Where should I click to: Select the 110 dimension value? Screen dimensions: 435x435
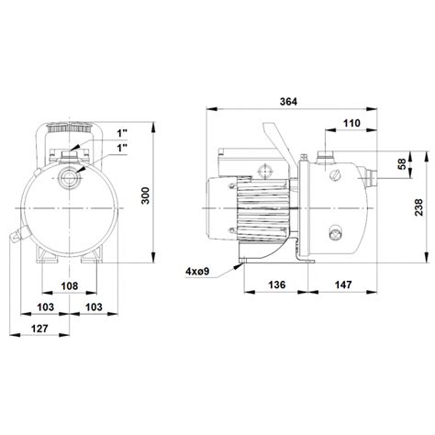[x=350, y=122]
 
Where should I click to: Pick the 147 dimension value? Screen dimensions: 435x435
[x=342, y=286]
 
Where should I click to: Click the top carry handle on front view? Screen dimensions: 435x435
[x=68, y=134]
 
